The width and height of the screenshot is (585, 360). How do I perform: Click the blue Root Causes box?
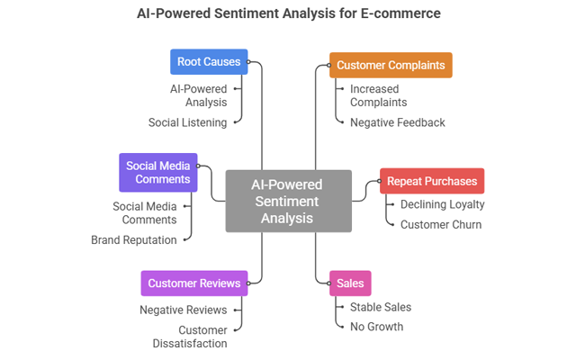coord(209,62)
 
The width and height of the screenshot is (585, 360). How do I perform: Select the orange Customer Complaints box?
coord(390,66)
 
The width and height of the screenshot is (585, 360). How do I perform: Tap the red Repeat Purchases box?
coord(432,181)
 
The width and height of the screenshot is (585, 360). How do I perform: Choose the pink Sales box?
coord(350,283)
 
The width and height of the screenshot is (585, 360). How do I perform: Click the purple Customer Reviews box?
coord(194,283)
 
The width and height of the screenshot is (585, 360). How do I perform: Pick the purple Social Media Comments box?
coord(157,172)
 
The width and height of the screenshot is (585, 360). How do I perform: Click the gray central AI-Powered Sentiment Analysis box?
coord(287,201)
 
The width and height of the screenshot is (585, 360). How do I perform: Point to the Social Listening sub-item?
coord(187,122)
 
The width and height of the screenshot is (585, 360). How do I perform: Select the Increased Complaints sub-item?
coord(374,95)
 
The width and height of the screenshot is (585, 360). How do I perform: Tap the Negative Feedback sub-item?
coord(397,122)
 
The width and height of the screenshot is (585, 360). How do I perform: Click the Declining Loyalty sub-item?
coord(442,204)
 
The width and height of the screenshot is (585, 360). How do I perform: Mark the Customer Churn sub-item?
coord(440,224)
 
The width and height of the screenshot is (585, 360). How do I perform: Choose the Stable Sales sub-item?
coord(381,307)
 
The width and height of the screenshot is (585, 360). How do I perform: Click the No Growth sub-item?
coord(376,327)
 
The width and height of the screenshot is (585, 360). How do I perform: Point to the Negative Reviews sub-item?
coord(183,310)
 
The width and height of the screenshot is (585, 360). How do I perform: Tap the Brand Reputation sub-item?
coord(134,240)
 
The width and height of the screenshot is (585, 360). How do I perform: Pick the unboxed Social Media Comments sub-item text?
coord(145,212)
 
